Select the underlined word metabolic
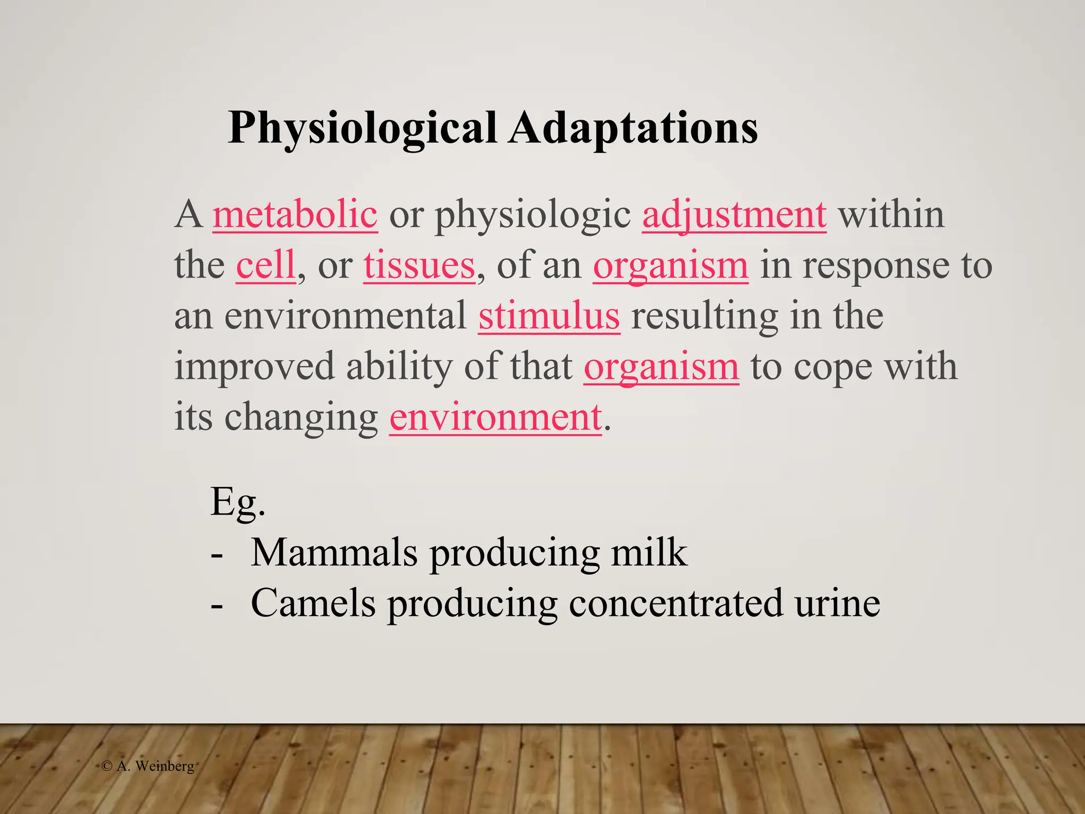coord(295,215)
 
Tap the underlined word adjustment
coord(734,215)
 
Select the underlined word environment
coord(495,417)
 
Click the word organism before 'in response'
coord(670,266)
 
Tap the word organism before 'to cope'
coord(661,367)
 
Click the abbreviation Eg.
coord(237,502)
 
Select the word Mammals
coord(334,552)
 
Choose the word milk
coord(649,552)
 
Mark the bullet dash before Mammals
coord(216,556)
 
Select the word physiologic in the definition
coord(533,216)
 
